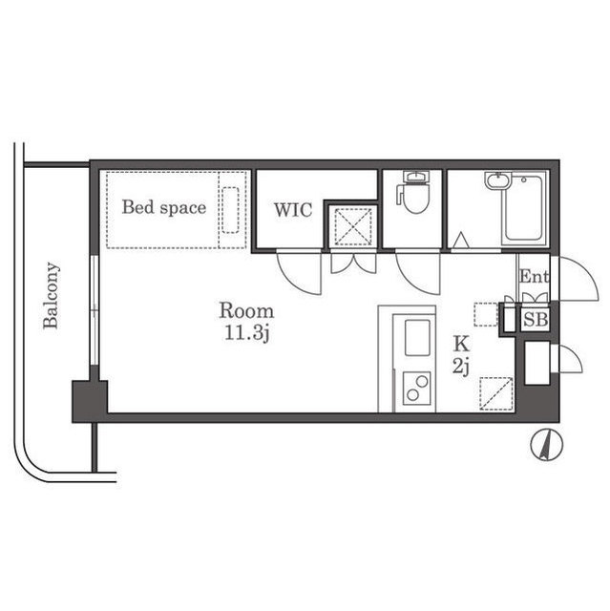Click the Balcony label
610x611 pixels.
coord(51,295)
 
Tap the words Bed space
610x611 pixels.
coord(164,207)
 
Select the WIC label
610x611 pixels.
coord(293,210)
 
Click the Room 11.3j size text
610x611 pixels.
coord(246,322)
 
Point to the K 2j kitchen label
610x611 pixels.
coord(461,355)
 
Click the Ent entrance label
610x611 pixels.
coord(534,276)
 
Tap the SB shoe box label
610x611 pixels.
coord(536,320)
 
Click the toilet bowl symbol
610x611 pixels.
coord(414,193)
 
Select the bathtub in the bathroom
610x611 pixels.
coord(524,208)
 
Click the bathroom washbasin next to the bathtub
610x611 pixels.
coord(496,181)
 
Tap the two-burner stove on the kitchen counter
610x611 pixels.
coord(416,387)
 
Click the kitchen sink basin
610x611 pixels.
coord(417,337)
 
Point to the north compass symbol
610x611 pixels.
coord(547,445)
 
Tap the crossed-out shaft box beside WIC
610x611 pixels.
coord(353,227)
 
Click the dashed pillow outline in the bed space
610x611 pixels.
coord(230,210)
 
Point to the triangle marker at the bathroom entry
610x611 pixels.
coord(461,240)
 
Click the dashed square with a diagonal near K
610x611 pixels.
coord(496,393)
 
